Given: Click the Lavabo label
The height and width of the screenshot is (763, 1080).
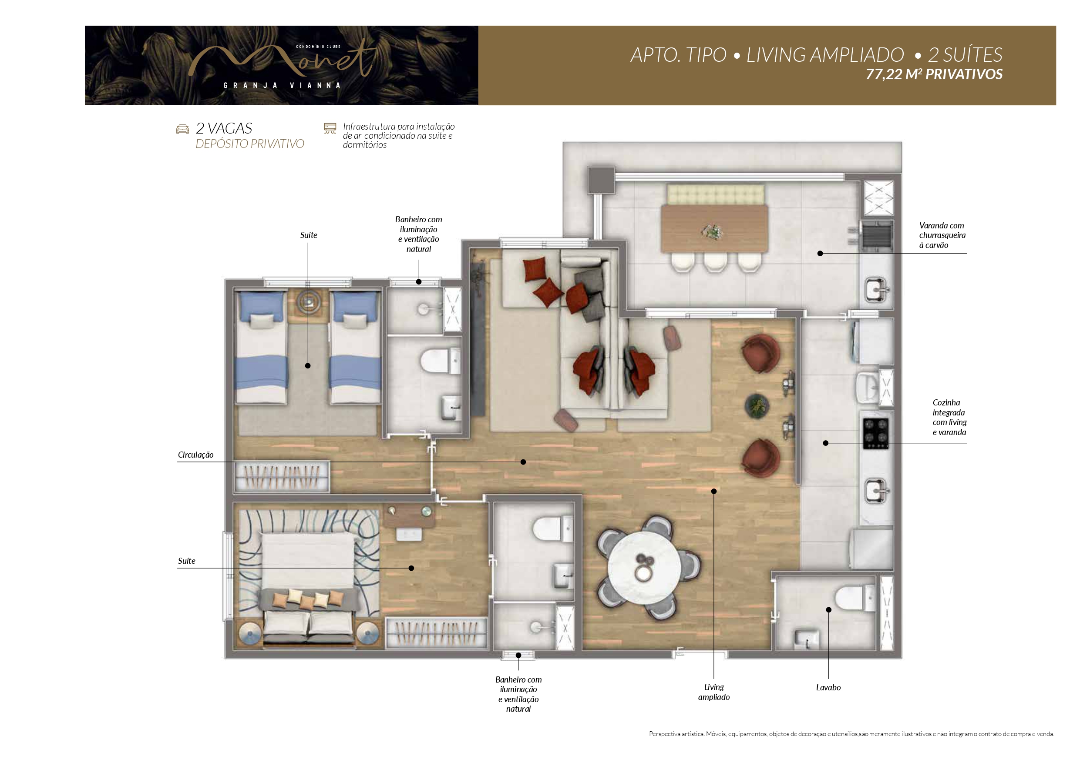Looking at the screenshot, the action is point(828,687).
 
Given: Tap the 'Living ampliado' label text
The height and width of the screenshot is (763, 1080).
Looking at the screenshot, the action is point(713,692).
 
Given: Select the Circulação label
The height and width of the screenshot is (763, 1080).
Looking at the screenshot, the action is point(196,455).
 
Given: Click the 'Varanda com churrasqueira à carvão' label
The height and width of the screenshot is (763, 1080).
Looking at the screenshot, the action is point(942,235).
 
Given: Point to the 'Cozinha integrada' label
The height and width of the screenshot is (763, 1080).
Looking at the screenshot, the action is point(949,418).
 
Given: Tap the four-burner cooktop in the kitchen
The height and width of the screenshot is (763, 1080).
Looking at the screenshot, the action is point(875,433).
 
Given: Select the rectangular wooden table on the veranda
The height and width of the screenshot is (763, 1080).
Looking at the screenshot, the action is point(714,229).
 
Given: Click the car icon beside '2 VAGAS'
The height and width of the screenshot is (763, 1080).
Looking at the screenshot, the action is point(182,129).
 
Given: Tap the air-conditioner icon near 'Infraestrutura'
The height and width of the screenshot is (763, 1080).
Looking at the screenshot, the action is point(330,128).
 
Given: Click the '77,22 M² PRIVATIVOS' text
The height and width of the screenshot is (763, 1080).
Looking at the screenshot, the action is point(934,74).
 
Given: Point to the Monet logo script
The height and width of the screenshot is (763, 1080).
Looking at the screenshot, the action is point(282,61).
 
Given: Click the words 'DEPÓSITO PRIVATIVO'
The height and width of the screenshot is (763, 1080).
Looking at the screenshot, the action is point(250,144).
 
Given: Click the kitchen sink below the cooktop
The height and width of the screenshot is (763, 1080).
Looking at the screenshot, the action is point(876,491).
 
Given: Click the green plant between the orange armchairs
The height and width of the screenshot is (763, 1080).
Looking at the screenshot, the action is point(757,405).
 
